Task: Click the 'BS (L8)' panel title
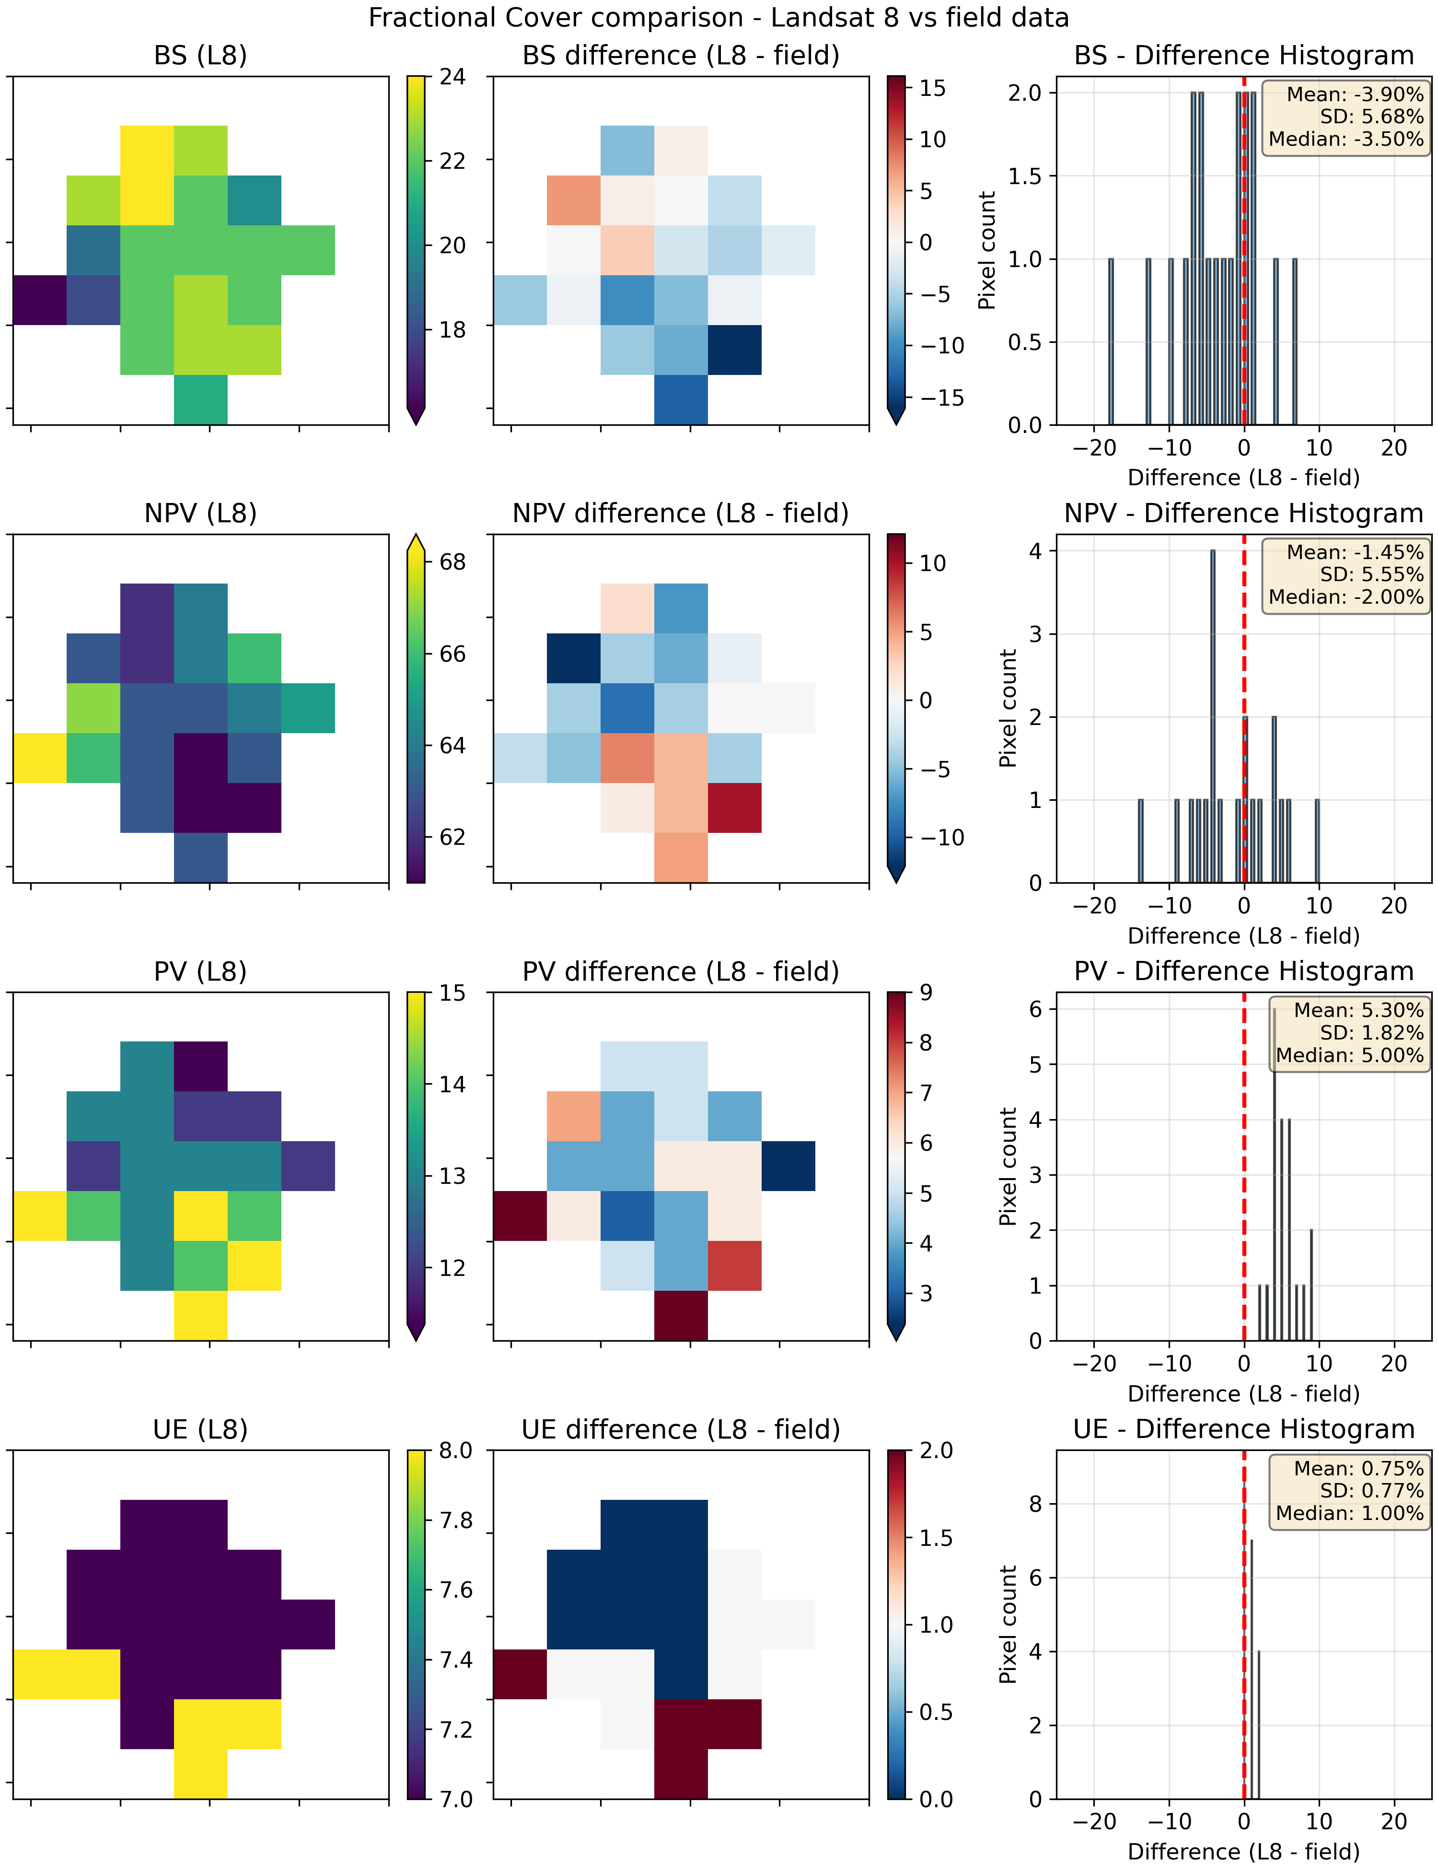tap(200, 56)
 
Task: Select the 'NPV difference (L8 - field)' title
tap(681, 514)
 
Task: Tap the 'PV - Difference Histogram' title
tap(1244, 972)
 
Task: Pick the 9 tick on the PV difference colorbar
tap(926, 993)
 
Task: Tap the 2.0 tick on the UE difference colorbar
tap(936, 1450)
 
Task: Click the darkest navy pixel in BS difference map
tap(734, 350)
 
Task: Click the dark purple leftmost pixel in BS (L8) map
tap(39, 300)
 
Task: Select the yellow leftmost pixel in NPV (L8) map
tap(39, 758)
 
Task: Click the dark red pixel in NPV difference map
tap(734, 807)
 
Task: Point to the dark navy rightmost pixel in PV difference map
tap(789, 1165)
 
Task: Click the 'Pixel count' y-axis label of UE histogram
tap(1009, 1625)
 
